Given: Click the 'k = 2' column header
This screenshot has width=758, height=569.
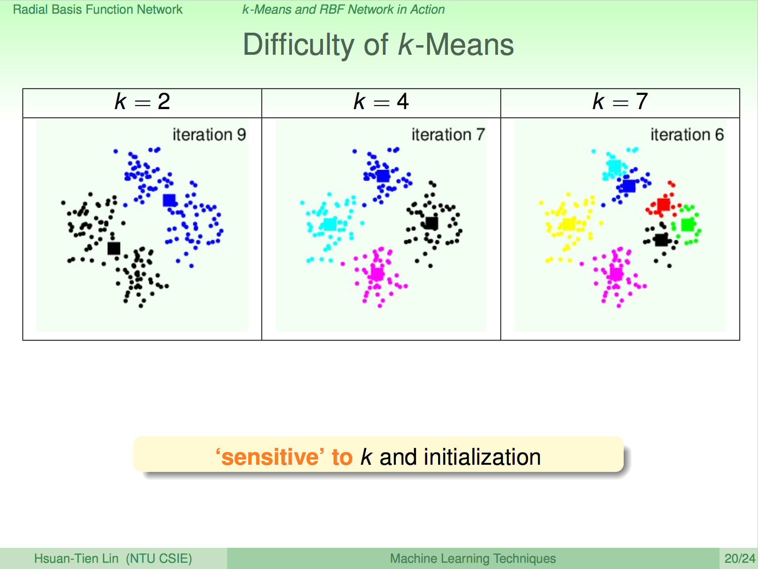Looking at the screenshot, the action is pos(142,102).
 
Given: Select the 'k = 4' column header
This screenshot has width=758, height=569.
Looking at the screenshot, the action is pos(381,102).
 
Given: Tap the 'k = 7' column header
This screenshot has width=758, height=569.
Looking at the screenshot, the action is pos(620,102).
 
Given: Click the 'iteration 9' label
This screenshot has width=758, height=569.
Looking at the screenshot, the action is pos(209,134).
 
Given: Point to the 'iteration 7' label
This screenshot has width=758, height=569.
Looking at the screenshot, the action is pos(448,134).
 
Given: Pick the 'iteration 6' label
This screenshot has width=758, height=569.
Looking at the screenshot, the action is pos(687,134).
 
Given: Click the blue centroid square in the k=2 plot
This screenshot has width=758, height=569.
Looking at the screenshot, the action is pos(169,200).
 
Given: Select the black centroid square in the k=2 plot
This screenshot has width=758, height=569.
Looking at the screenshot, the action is pos(114,248).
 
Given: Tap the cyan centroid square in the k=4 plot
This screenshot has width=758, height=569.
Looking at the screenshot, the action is pos(330,224).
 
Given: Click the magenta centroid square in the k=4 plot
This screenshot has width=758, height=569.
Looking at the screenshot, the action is pos(377,273).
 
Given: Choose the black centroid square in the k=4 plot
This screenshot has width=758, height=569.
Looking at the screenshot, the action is pos(432,223).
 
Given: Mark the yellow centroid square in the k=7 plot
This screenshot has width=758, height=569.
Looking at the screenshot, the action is pos(568,224).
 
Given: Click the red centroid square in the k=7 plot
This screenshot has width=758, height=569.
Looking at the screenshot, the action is pos(663,205).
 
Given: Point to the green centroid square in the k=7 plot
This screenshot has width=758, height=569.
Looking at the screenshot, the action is pos(687,225).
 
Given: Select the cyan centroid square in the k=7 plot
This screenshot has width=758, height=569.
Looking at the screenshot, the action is pos(614,167).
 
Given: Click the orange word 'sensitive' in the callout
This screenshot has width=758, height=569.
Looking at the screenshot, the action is pos(270,457).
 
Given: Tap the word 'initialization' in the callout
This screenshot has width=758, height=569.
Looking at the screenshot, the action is pos(482,457).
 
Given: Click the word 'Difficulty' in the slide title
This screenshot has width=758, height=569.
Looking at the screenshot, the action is pos(299,46).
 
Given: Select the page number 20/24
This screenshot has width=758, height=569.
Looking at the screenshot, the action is pos(740,558).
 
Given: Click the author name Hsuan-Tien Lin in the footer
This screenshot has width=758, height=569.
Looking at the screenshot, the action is pos(76,558).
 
